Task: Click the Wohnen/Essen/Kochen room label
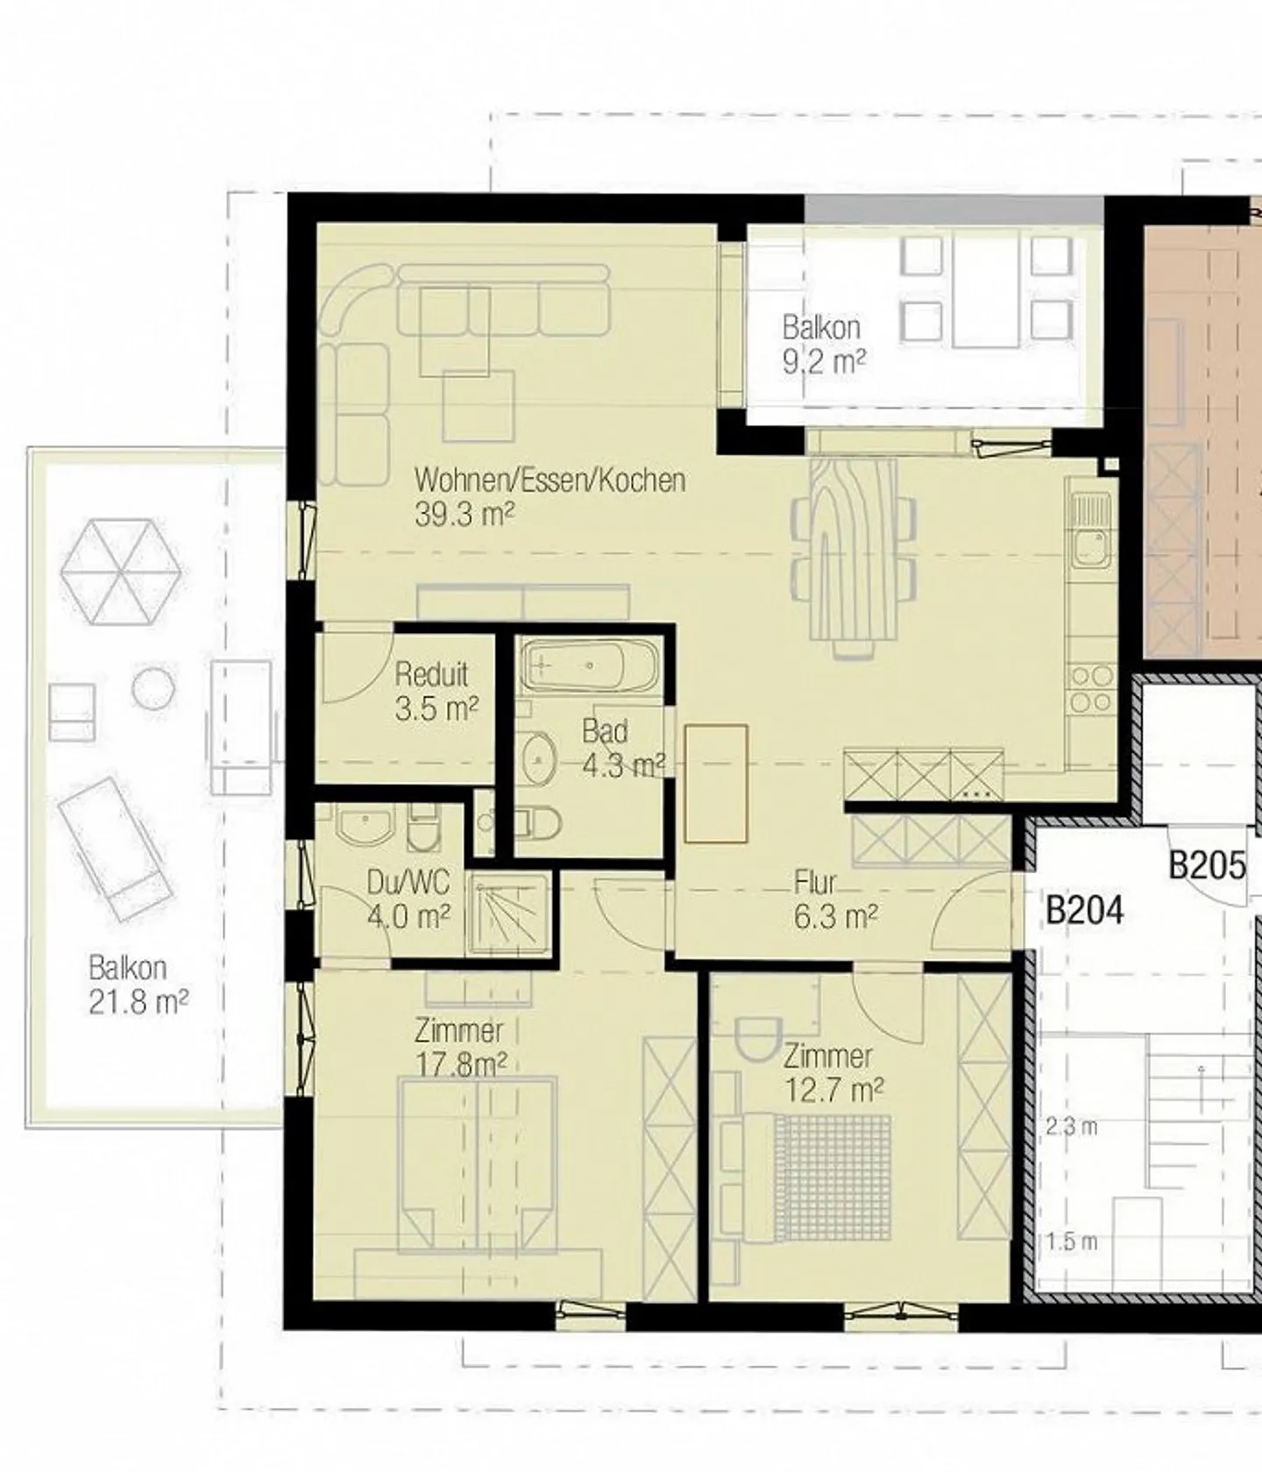coord(549,480)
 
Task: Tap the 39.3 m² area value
coord(464,514)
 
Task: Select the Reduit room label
coord(431,674)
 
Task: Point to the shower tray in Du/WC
coord(512,913)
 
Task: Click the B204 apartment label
coord(1084,910)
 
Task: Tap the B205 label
coord(1207,865)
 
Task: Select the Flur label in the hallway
coord(815,882)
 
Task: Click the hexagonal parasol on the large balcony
coord(121,572)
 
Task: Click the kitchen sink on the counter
coord(1091,530)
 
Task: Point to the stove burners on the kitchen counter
coord(1091,690)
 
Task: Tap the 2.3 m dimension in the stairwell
coord(1071,1127)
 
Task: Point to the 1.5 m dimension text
coord(1071,1242)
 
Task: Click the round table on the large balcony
coord(152,688)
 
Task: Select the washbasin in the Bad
coord(538,758)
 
